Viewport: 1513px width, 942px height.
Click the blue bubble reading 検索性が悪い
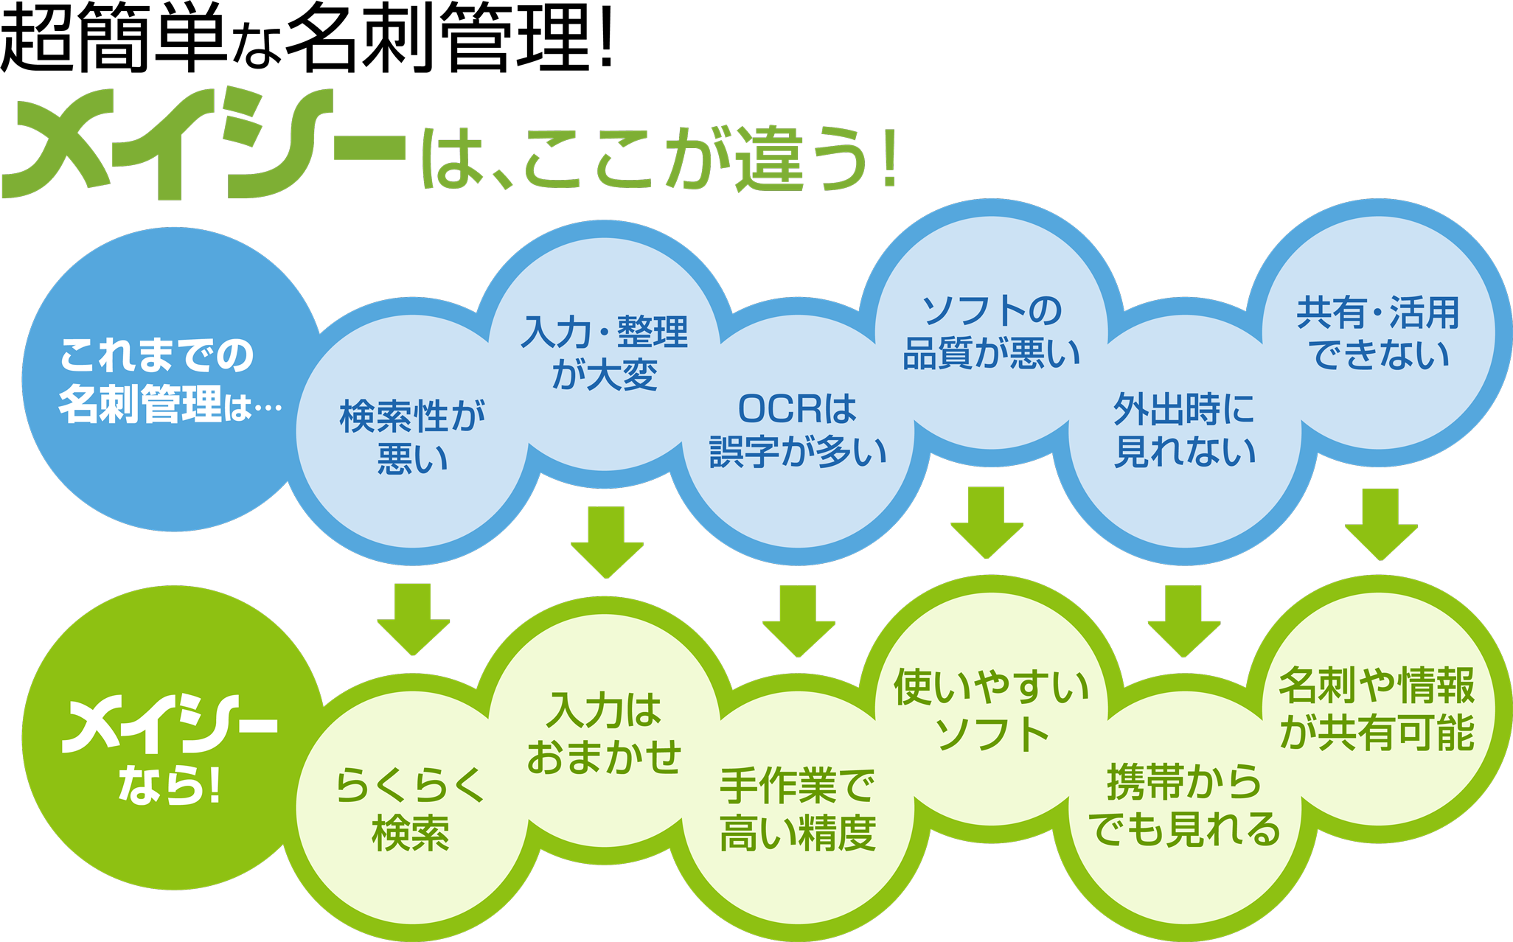pyautogui.click(x=412, y=436)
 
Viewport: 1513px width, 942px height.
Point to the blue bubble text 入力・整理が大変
pyautogui.click(x=605, y=352)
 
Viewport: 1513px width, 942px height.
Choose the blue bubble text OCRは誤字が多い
pyautogui.click(x=798, y=430)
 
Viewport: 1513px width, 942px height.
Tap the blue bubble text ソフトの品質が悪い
pyautogui.click(x=992, y=332)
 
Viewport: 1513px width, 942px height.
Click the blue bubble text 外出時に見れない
pyautogui.click(x=1184, y=430)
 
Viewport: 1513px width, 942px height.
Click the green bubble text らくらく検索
pyautogui.click(x=411, y=809)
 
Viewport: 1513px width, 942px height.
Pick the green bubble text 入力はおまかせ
pyautogui.click(x=605, y=733)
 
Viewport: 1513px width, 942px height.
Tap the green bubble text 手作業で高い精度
pyautogui.click(x=798, y=809)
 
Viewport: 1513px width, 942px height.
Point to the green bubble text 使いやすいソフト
pyautogui.click(x=992, y=709)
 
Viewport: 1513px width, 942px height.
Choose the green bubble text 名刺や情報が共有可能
pyautogui.click(x=1377, y=709)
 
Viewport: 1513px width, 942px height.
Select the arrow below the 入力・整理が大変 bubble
pyautogui.click(x=607, y=542)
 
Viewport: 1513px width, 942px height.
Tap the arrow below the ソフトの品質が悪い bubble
pyautogui.click(x=987, y=522)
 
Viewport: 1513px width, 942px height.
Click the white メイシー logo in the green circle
pyautogui.click(x=169, y=726)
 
